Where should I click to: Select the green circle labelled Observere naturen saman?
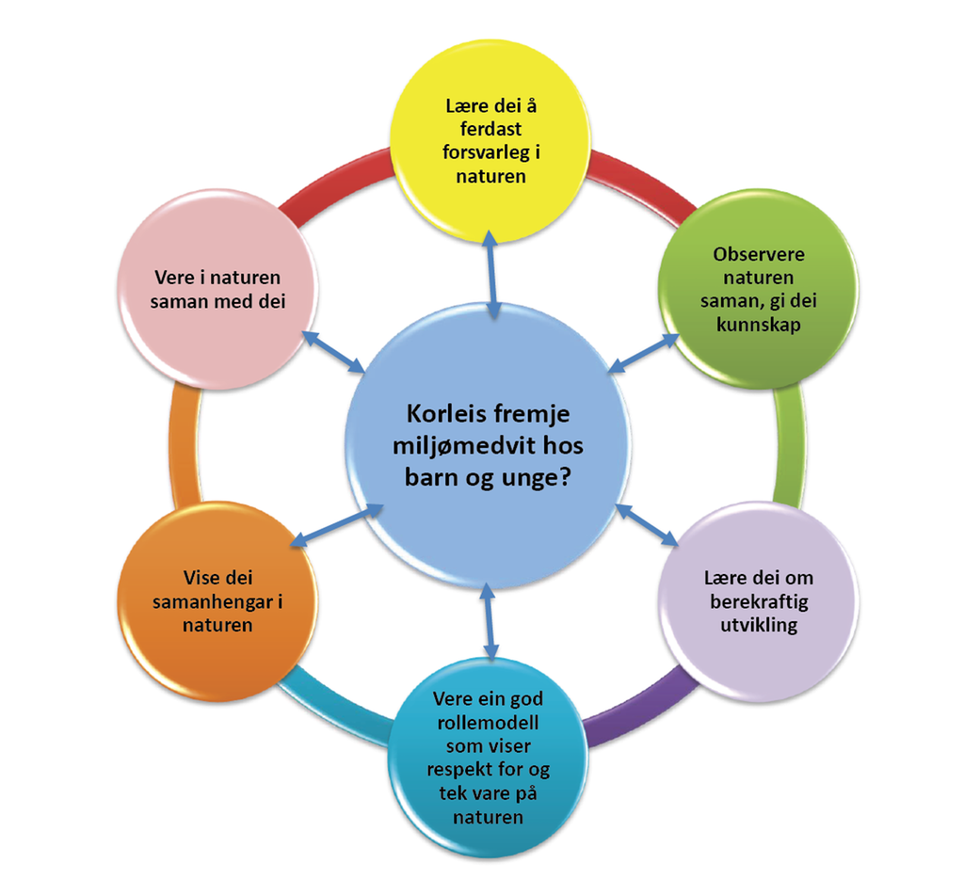[x=759, y=289]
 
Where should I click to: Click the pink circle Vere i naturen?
[x=217, y=289]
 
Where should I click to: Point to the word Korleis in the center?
[x=442, y=413]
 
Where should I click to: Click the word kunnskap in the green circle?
[x=759, y=324]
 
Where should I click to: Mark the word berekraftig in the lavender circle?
[x=759, y=600]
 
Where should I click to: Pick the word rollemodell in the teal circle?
[x=488, y=723]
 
